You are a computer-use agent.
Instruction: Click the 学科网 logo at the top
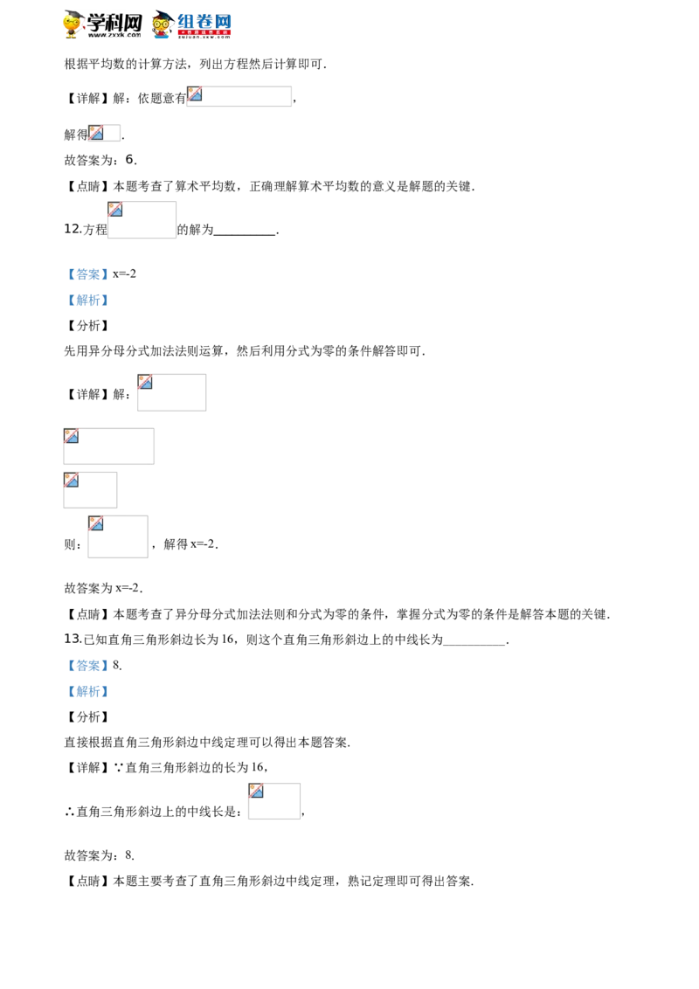pyautogui.click(x=102, y=24)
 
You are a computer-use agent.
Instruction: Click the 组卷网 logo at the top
pyautogui.click(x=191, y=24)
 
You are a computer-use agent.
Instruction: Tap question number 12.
pyautogui.click(x=72, y=229)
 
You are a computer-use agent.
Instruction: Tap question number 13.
pyautogui.click(x=72, y=639)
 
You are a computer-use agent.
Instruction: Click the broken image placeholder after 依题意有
pyautogui.click(x=239, y=96)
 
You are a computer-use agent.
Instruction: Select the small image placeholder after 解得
pyautogui.click(x=104, y=133)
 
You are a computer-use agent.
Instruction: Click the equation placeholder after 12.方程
pyautogui.click(x=142, y=219)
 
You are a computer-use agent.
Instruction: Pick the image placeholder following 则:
pyautogui.click(x=118, y=536)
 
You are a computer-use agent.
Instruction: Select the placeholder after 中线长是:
pyautogui.click(x=274, y=801)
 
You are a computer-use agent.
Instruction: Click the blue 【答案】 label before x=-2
pyautogui.click(x=87, y=274)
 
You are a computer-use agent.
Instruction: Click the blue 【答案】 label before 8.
pyautogui.click(x=87, y=666)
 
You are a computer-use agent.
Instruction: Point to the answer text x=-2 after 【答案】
pyautogui.click(x=124, y=274)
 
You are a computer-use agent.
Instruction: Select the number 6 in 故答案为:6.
pyautogui.click(x=129, y=160)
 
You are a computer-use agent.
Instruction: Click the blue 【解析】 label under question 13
pyautogui.click(x=87, y=691)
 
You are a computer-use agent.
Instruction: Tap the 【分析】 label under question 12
pyautogui.click(x=87, y=326)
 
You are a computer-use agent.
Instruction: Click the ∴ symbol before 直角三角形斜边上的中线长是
pyautogui.click(x=69, y=812)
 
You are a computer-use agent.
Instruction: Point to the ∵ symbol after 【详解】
pyautogui.click(x=119, y=768)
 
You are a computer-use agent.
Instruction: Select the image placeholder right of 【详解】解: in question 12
pyautogui.click(x=171, y=392)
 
